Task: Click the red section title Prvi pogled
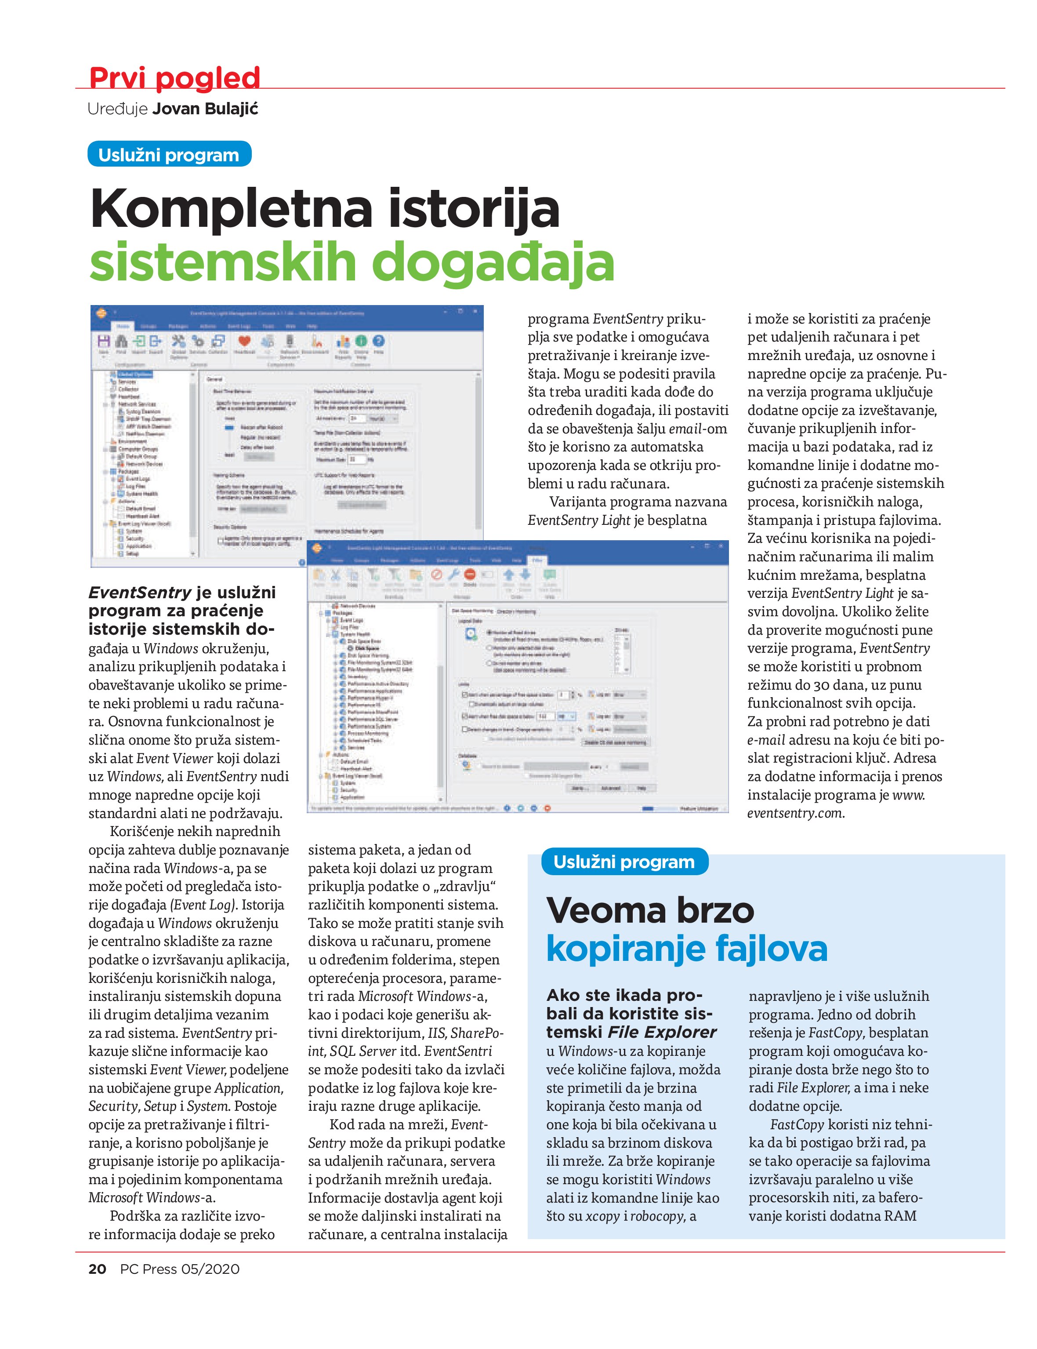[175, 78]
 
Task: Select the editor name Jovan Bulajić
[205, 109]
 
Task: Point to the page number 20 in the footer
[98, 1269]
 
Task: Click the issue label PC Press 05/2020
[180, 1269]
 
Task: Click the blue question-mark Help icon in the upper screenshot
[378, 341]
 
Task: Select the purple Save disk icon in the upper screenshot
[104, 341]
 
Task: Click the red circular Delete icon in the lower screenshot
[469, 574]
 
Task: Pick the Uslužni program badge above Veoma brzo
[624, 862]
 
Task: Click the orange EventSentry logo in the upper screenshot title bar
[101, 313]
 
